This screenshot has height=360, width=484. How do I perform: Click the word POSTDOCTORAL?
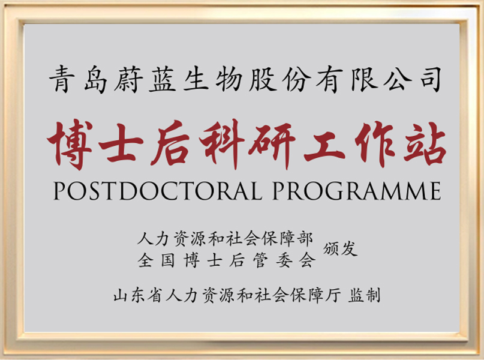click(157, 190)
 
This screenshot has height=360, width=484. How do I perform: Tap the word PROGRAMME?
click(357, 190)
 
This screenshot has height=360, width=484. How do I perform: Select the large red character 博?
click(70, 144)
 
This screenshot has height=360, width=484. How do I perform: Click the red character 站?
click(425, 144)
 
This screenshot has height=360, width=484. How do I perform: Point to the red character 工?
click(324, 145)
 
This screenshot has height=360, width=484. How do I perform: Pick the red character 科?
click(221, 144)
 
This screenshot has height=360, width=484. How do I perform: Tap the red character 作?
click(375, 144)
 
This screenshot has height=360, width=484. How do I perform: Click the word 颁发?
click(340, 249)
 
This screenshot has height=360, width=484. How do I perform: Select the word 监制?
click(364, 295)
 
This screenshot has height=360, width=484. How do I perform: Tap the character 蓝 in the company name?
click(162, 79)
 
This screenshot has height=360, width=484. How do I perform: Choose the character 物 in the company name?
click(229, 79)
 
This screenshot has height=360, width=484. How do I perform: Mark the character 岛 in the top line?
click(96, 79)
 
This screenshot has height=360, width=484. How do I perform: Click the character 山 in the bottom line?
click(121, 295)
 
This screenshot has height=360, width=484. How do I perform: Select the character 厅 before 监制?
click(333, 295)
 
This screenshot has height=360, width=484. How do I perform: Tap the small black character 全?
click(145, 260)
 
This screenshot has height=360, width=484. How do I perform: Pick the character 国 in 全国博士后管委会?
click(168, 260)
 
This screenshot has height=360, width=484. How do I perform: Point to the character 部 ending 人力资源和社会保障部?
click(305, 239)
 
